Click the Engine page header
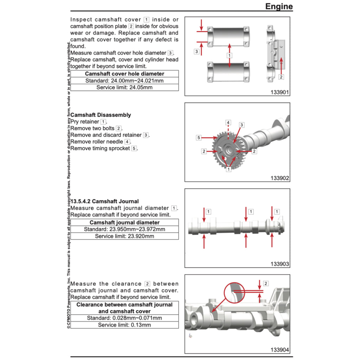click(x=278, y=6)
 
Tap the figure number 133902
click(x=279, y=178)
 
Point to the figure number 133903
click(x=279, y=264)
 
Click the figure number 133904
click(x=279, y=350)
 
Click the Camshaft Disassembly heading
click(x=101, y=115)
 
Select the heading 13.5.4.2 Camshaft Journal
click(x=105, y=201)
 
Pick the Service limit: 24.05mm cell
click(x=124, y=87)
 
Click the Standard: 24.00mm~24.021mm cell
click(x=124, y=81)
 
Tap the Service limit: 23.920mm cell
click(x=124, y=236)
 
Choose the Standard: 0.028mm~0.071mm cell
click(x=124, y=318)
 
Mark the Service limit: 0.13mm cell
click(x=124, y=325)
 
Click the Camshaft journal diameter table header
click(x=124, y=223)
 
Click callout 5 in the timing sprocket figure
click(x=199, y=138)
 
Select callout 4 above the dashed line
click(x=228, y=123)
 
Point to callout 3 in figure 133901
click(x=197, y=51)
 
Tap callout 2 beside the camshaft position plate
click(x=281, y=77)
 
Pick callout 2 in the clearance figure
click(x=265, y=283)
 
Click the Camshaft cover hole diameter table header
click(x=124, y=74)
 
